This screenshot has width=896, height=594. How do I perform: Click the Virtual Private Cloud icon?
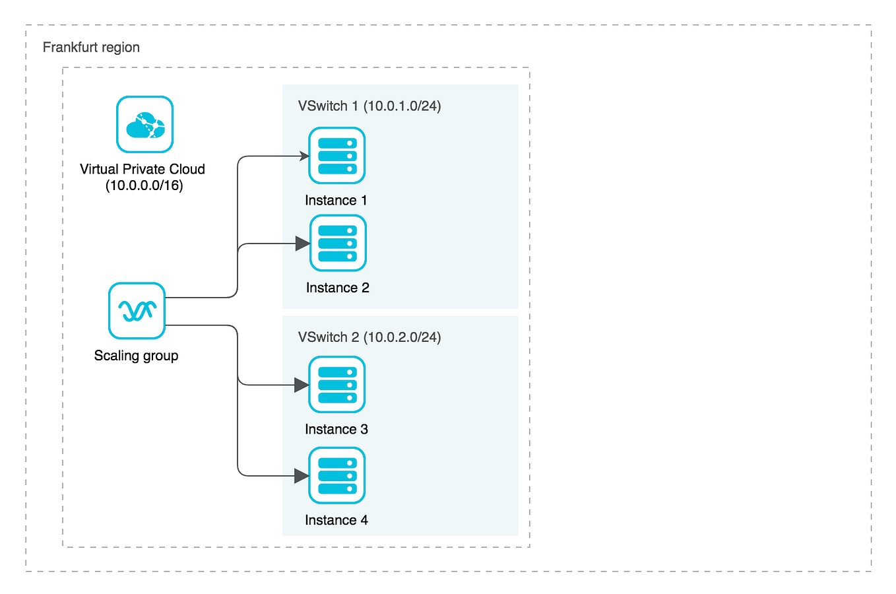tap(144, 125)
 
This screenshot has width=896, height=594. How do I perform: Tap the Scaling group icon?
tap(137, 311)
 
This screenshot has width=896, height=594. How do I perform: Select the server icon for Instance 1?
tap(337, 156)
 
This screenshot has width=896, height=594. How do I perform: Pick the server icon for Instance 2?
tap(338, 244)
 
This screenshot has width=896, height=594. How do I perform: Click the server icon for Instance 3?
tap(337, 385)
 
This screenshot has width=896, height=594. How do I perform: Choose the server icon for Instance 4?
tap(337, 476)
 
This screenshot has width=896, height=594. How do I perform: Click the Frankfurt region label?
tap(91, 48)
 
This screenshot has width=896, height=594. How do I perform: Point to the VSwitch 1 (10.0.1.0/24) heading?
tap(369, 106)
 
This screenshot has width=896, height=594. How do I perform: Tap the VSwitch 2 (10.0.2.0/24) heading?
tap(369, 337)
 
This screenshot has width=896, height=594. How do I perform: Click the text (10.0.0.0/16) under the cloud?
tap(144, 185)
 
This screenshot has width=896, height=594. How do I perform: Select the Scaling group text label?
tap(136, 356)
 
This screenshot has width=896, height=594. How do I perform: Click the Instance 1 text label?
tap(336, 201)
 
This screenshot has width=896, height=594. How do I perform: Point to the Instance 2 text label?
tap(337, 288)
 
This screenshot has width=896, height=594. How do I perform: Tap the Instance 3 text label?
tap(336, 430)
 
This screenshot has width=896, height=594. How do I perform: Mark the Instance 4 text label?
tap(336, 520)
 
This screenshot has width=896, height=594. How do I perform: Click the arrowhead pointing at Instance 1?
tap(305, 156)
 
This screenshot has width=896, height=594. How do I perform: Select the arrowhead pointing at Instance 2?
tap(303, 244)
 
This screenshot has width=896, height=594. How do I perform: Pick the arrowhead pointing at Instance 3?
tap(302, 385)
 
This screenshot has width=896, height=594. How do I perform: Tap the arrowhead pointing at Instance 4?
tap(302, 476)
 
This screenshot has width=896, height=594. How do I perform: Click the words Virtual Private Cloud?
tap(143, 169)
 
